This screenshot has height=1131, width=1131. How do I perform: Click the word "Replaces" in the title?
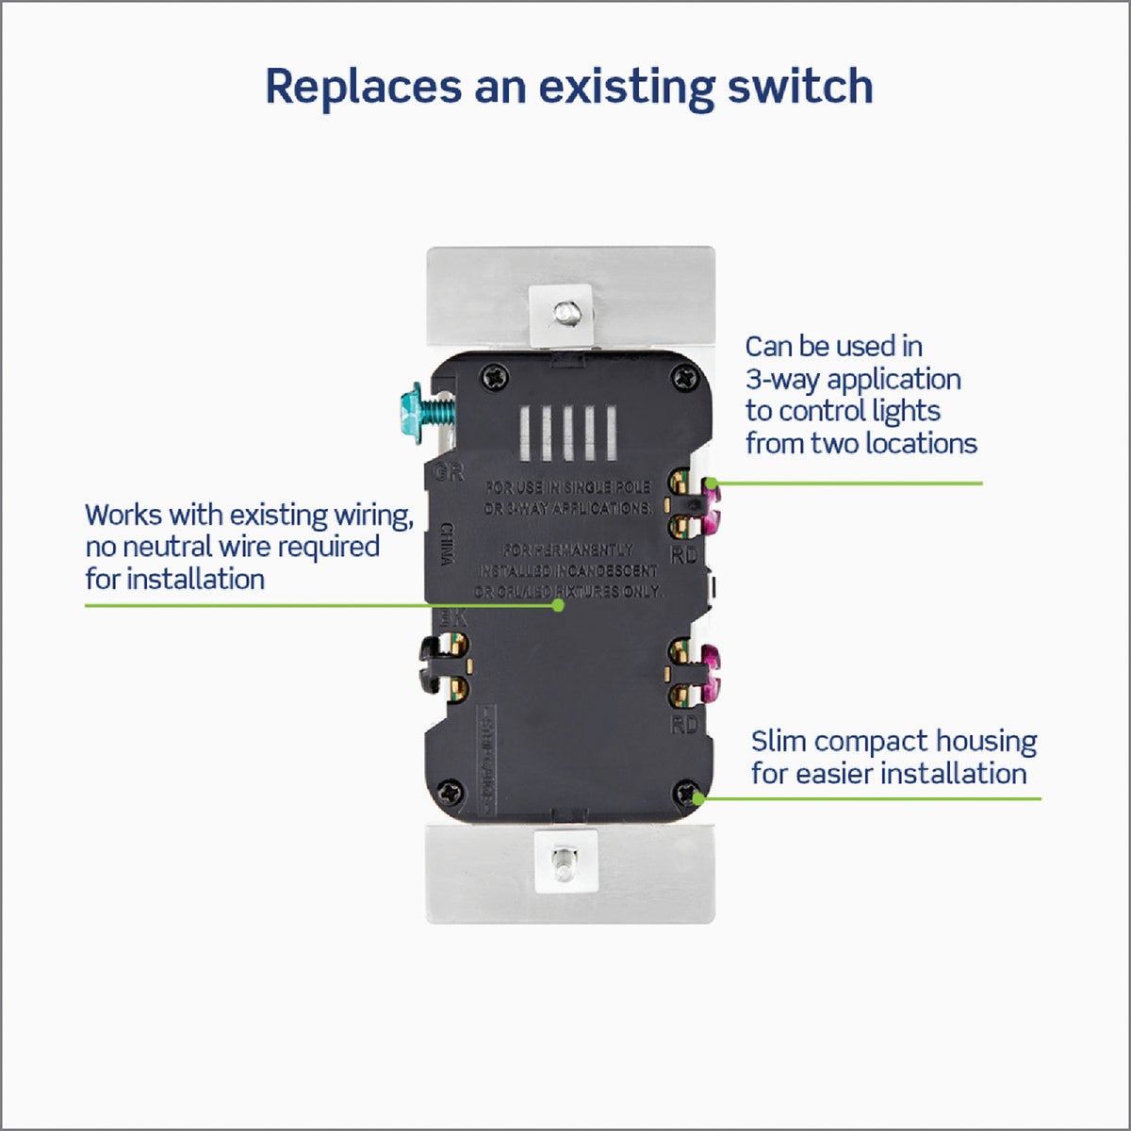363,87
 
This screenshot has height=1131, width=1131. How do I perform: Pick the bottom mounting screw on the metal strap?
563,860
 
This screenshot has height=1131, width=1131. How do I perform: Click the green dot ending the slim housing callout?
698,798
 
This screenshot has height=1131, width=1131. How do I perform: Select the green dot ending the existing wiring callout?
558,605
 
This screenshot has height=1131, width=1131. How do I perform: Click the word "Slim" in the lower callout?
779,742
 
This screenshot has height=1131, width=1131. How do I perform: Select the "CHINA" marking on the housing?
448,545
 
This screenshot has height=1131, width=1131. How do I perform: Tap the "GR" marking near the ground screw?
451,472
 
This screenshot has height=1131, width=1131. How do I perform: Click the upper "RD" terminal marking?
684,555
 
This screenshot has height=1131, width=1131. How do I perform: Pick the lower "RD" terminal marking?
684,724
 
